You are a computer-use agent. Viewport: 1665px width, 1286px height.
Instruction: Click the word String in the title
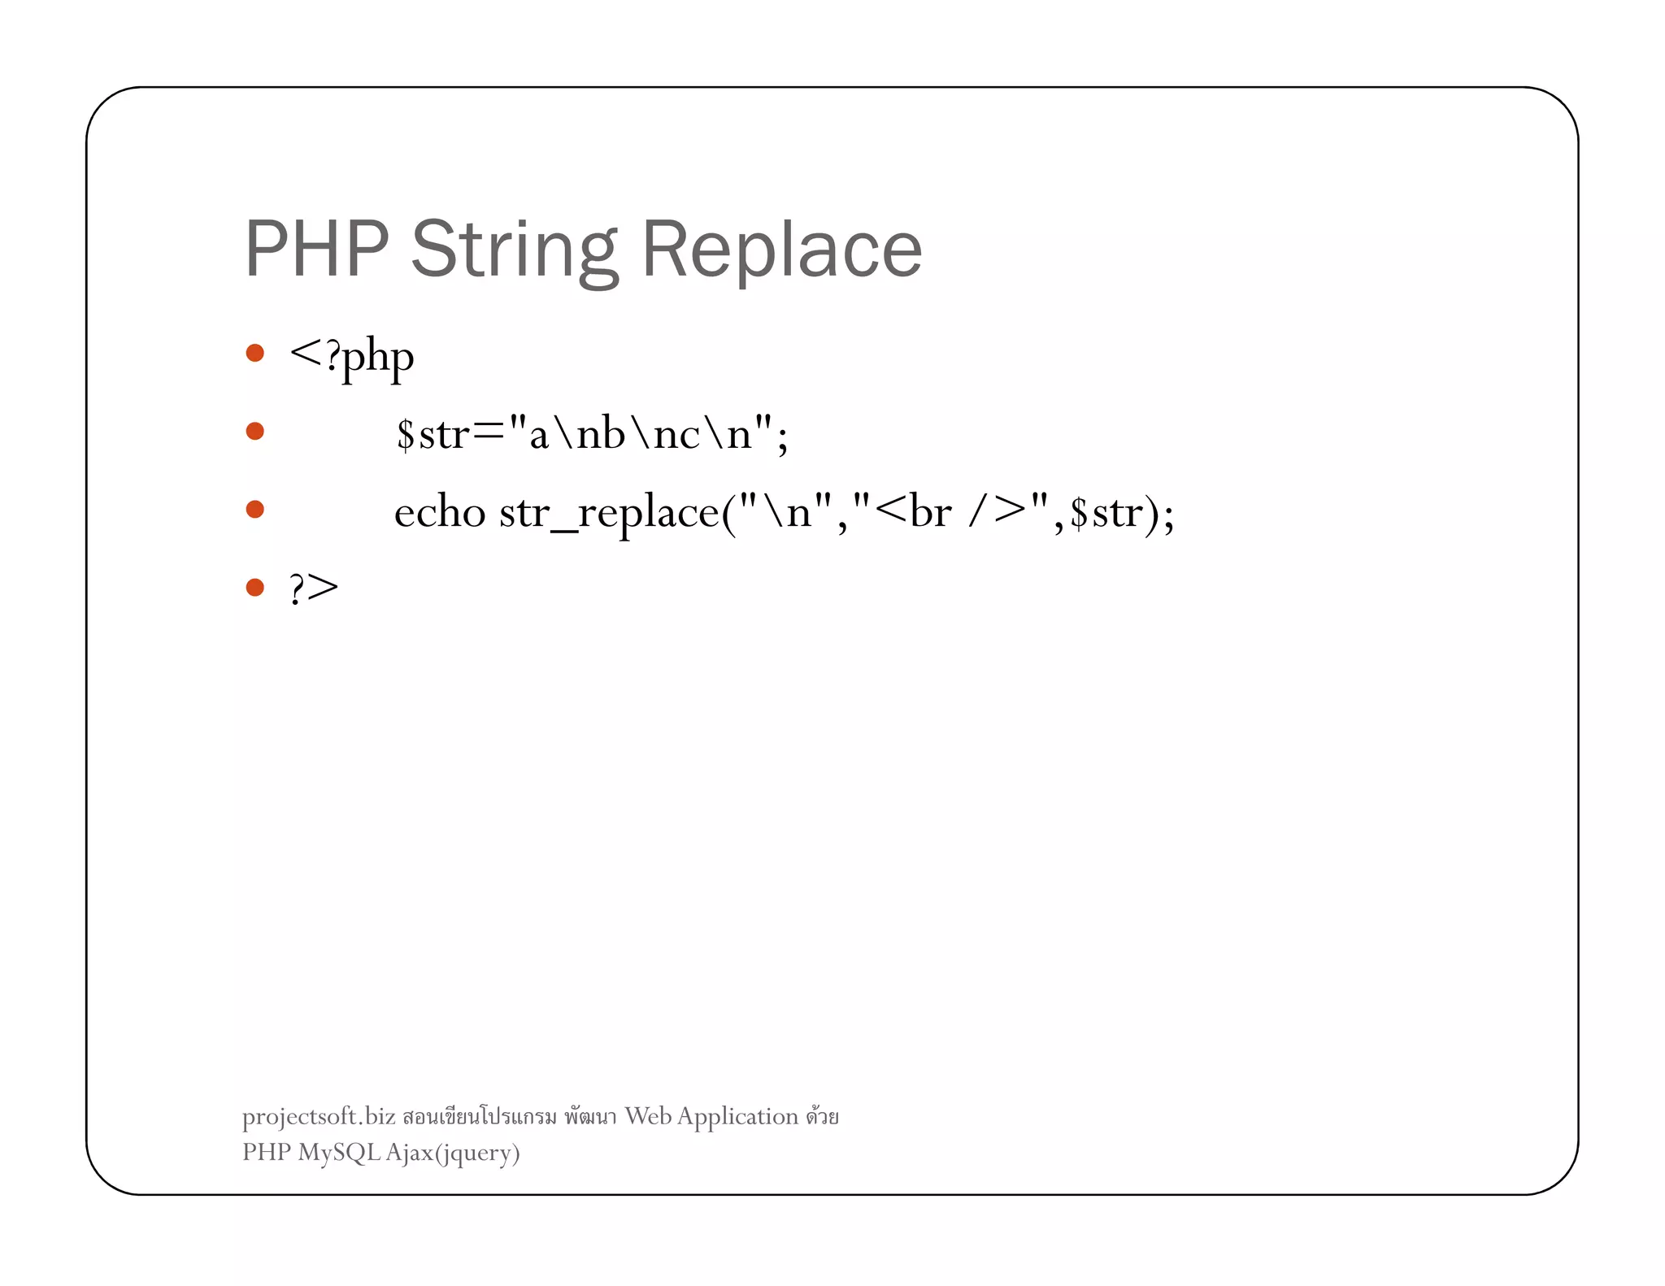tap(514, 250)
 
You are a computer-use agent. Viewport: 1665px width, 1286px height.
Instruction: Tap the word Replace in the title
tap(781, 250)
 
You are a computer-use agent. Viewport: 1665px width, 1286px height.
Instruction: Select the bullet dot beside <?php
tap(255, 353)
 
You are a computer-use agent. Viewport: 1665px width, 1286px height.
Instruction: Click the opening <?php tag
tap(351, 356)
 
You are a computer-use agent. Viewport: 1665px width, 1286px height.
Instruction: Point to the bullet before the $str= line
tap(255, 431)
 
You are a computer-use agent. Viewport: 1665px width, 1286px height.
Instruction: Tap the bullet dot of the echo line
tap(255, 509)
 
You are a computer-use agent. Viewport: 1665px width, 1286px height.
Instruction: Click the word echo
tap(440, 512)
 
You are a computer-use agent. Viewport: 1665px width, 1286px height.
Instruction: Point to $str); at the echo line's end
tap(1122, 512)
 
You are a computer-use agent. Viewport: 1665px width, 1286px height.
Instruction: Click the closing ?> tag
tap(314, 588)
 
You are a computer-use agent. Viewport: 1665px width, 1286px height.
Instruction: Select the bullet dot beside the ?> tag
tap(255, 587)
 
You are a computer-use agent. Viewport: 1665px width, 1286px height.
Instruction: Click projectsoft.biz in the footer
tap(319, 1117)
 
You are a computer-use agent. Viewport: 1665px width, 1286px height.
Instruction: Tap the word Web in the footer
tap(648, 1116)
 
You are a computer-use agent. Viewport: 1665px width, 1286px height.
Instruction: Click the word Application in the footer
tap(737, 1117)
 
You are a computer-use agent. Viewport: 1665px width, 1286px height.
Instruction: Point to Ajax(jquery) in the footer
tap(453, 1153)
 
